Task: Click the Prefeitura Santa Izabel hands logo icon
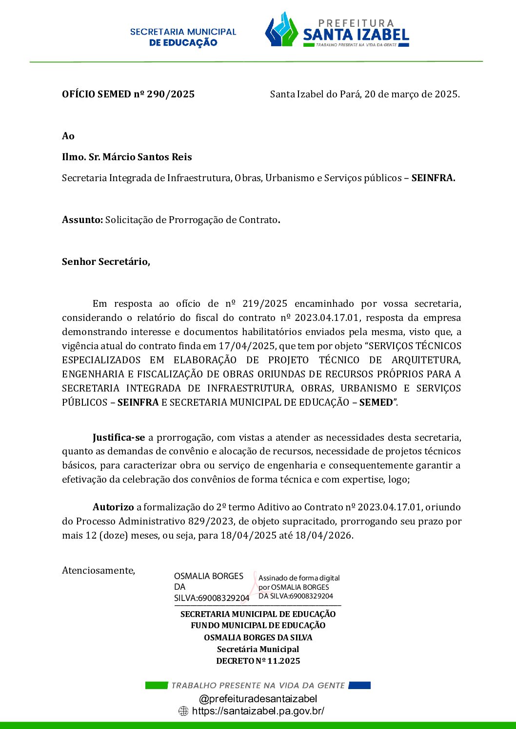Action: (281, 31)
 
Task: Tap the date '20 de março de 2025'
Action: (411, 94)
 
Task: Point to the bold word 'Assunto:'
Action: (82, 220)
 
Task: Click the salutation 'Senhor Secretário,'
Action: (106, 262)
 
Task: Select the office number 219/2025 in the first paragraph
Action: (265, 304)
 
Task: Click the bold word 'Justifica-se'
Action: (119, 438)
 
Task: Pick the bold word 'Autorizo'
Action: (113, 507)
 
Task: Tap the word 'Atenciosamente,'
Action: (99, 571)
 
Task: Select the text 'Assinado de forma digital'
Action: (299, 578)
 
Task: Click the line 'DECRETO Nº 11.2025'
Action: (258, 661)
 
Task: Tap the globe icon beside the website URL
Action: (183, 711)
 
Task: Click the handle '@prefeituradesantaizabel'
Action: (258, 699)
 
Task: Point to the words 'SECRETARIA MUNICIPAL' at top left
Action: (183, 32)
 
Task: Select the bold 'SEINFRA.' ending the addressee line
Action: (433, 178)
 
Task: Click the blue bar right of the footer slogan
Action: (359, 686)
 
